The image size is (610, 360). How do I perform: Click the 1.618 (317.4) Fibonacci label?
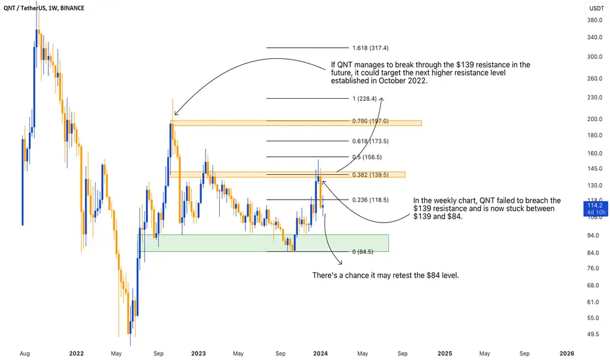[370, 48]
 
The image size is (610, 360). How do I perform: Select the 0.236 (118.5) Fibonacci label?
[370, 200]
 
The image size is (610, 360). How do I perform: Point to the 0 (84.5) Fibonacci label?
[363, 252]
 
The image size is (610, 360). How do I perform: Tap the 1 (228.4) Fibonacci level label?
[365, 98]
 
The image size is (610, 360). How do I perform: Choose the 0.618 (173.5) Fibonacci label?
[370, 141]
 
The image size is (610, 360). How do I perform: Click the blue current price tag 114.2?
[595, 205]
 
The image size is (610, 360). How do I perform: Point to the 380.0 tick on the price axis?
[595, 20]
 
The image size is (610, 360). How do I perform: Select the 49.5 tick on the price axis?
[593, 334]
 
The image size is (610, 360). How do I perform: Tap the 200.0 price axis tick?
[595, 119]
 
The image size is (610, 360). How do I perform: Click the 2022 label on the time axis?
[76, 353]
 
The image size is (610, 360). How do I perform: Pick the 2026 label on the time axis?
[567, 353]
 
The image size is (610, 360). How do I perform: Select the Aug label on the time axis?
[24, 353]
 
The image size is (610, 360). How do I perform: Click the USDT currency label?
[596, 8]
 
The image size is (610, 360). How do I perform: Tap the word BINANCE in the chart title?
[73, 8]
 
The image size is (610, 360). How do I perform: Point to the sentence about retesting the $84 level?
[386, 276]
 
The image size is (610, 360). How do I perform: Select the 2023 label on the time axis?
[198, 353]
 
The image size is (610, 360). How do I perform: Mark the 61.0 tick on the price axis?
[593, 302]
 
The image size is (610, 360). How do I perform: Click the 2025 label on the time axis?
[444, 353]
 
